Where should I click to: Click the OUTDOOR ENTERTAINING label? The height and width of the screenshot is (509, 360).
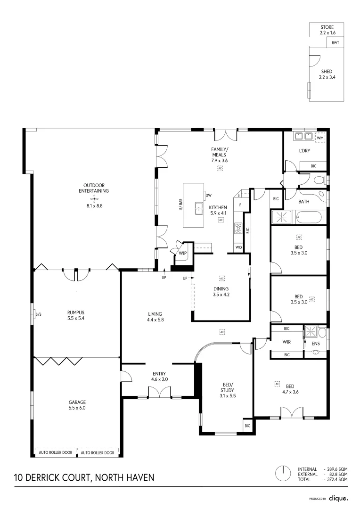click(x=94, y=188)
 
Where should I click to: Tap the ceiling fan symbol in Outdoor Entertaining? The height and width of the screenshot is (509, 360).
click(x=94, y=199)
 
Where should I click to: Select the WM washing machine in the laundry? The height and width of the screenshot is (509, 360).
click(x=320, y=137)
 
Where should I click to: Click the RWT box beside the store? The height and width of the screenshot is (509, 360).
click(x=335, y=43)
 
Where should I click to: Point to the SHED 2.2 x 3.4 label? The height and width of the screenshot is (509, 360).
click(x=326, y=74)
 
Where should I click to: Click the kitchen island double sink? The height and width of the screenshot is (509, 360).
click(x=199, y=208)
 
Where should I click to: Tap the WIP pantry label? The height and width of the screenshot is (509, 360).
click(x=182, y=253)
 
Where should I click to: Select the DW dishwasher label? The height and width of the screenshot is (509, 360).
click(x=208, y=195)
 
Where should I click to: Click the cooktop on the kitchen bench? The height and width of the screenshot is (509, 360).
click(x=237, y=229)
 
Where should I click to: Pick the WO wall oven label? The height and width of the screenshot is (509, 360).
click(x=238, y=247)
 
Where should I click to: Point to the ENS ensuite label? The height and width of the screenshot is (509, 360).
click(x=316, y=344)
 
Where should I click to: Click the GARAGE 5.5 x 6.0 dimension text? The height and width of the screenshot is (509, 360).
click(x=77, y=408)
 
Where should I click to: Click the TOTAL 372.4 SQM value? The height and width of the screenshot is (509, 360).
click(x=336, y=479)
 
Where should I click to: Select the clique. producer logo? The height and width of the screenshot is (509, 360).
click(x=338, y=498)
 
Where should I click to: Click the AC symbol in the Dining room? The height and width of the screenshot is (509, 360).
click(x=221, y=278)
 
